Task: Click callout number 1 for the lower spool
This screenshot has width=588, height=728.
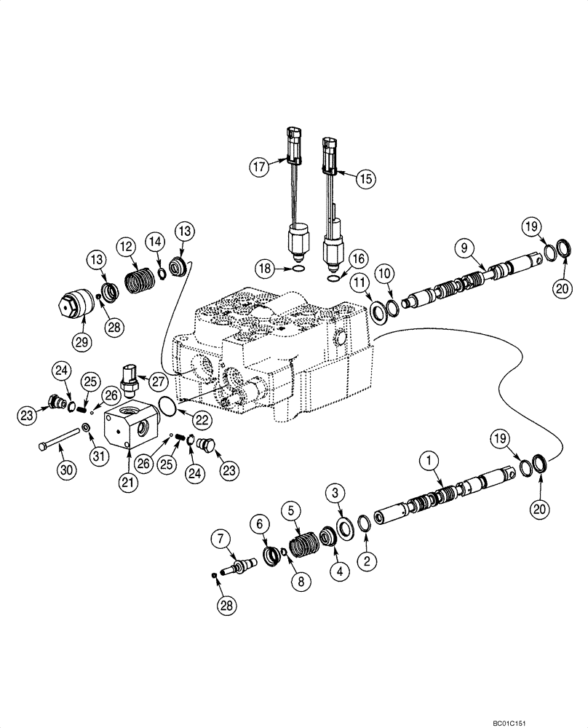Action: point(429,461)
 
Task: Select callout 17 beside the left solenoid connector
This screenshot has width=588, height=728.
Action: point(258,167)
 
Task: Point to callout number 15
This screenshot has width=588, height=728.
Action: point(365,177)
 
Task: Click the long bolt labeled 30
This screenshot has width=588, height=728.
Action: point(63,436)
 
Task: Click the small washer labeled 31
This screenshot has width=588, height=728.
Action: point(85,427)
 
